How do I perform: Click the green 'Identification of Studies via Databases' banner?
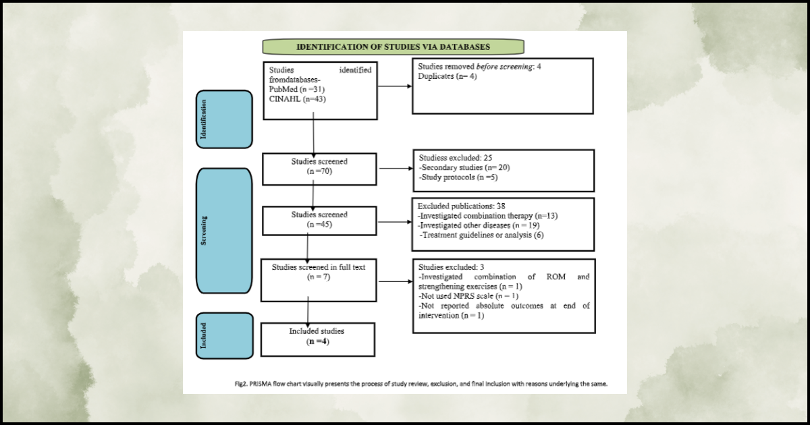click(x=393, y=47)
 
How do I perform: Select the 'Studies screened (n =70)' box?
click(x=319, y=167)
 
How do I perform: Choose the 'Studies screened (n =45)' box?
click(x=319, y=219)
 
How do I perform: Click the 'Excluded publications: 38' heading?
click(x=462, y=206)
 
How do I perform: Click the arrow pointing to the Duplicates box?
click(x=395, y=86)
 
